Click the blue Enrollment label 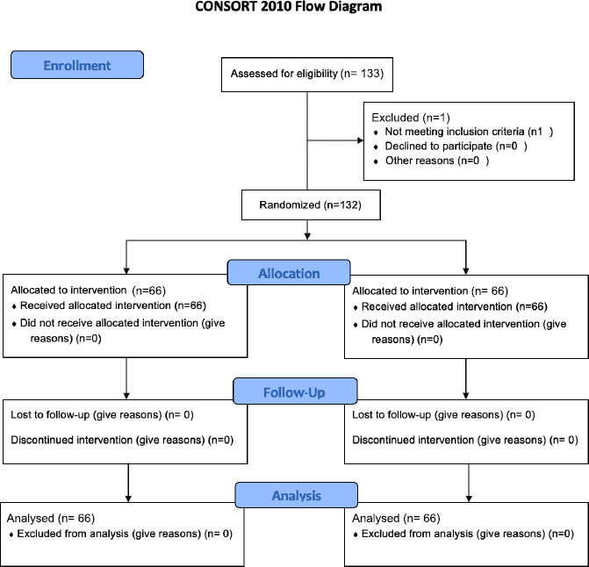tap(77, 65)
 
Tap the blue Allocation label tap(289, 273)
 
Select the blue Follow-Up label tap(295, 391)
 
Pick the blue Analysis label tap(297, 495)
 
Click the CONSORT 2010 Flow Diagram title tap(289, 6)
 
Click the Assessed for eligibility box tap(307, 75)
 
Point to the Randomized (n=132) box tap(311, 205)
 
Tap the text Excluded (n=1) tap(411, 118)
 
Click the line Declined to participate tap(451, 146)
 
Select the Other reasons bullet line tap(432, 161)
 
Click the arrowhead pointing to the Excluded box tap(361, 140)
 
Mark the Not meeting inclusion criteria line tap(463, 132)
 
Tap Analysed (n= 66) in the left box tap(51, 518)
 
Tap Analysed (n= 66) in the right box tap(396, 518)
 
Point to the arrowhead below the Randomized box tap(307, 236)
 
